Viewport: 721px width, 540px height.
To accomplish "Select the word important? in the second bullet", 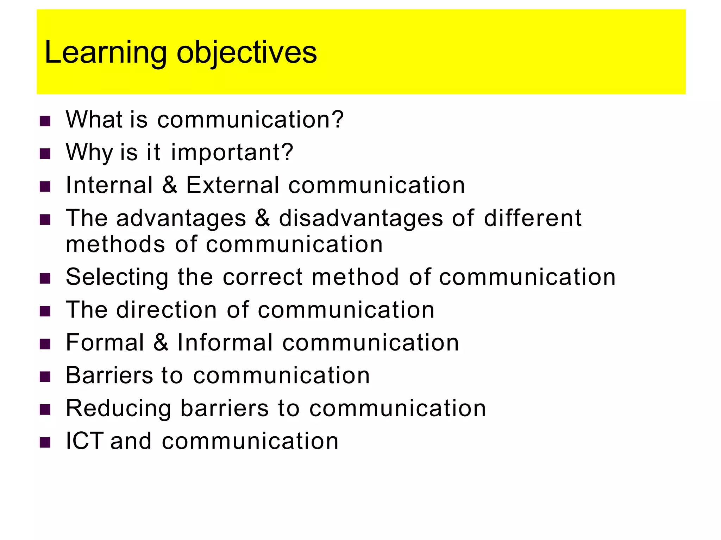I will [232, 153].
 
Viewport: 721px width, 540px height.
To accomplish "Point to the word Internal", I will [109, 185].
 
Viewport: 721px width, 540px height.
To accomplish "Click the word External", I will [232, 185].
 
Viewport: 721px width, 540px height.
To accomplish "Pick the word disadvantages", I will [361, 218].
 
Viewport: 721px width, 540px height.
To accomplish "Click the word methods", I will [115, 244].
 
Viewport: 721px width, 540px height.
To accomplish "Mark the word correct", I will [263, 277].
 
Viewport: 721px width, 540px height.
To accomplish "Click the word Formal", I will [105, 342].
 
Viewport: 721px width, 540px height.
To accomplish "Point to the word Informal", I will [225, 342].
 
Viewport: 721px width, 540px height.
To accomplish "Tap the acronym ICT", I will [84, 441].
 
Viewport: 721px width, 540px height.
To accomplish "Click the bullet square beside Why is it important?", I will [45, 154].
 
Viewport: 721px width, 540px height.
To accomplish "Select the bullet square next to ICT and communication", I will [45, 442].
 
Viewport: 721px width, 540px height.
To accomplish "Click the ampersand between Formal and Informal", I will [161, 342].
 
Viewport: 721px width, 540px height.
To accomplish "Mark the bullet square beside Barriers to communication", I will [45, 377].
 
